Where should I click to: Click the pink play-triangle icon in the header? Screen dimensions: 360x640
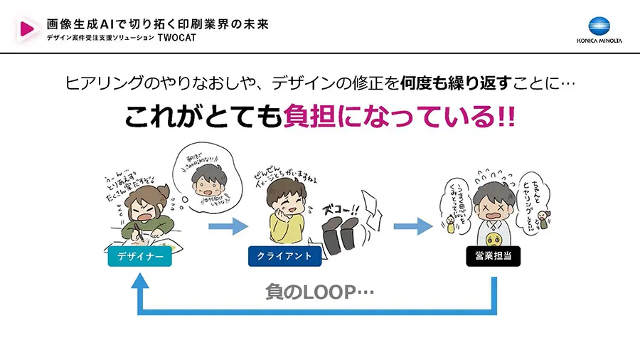pyautogui.click(x=28, y=28)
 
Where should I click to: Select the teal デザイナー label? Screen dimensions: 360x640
pyautogui.click(x=139, y=256)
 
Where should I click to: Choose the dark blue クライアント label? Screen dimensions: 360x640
pyautogui.click(x=284, y=256)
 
